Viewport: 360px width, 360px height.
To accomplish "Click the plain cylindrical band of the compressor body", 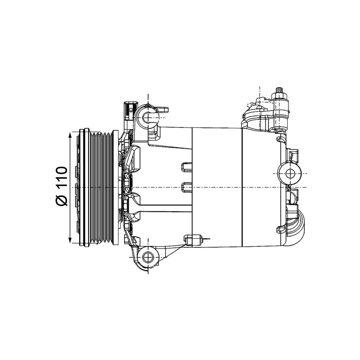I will [216, 186].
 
